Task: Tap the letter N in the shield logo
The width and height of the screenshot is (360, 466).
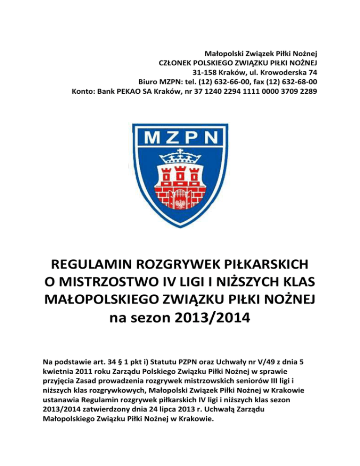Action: (213, 138)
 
